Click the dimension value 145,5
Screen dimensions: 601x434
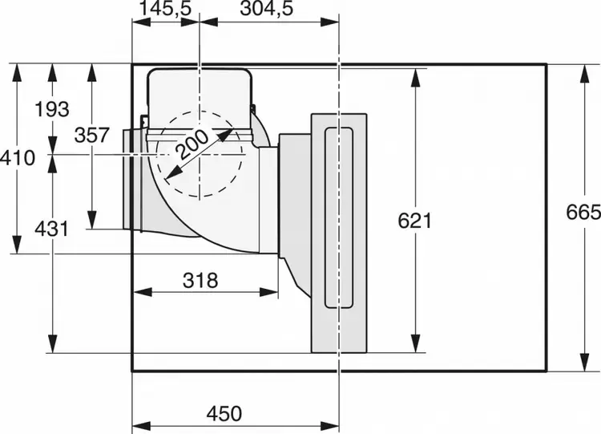pos(165,9)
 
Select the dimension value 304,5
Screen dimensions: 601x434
pos(267,9)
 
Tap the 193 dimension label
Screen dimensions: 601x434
pos(52,109)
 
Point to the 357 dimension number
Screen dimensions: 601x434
pos(92,135)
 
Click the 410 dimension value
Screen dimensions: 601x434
pos(18,158)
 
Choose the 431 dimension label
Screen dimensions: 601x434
pos(52,229)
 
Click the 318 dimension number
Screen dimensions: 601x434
pos(200,280)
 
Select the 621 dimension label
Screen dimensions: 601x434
pos(415,221)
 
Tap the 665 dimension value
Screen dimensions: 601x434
pos(583,212)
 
